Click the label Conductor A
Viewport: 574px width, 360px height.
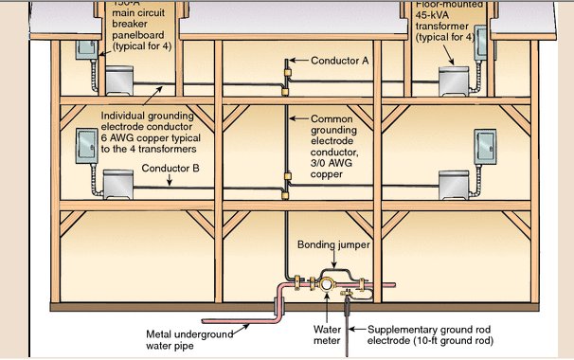pos(339,59)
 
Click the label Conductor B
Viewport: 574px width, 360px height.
pos(170,168)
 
